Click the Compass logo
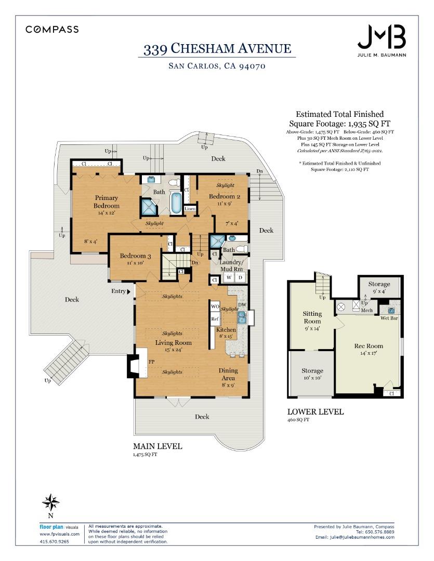coord(52,29)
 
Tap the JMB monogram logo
coord(382,37)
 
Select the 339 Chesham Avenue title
coord(217,49)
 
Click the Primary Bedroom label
coord(107,202)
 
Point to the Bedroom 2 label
coord(225,196)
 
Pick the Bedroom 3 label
coord(135,256)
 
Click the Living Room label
coord(173,342)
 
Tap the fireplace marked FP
coord(138,363)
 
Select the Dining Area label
coord(228,374)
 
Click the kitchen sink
coord(242,317)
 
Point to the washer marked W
coord(229,277)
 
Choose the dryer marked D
coord(241,277)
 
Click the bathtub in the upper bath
coord(176,203)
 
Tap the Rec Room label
coord(369,346)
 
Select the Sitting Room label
coord(312,317)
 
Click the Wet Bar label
coord(389,318)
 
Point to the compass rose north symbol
coord(50,502)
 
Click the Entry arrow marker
coord(129,291)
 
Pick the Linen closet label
coord(190,209)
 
